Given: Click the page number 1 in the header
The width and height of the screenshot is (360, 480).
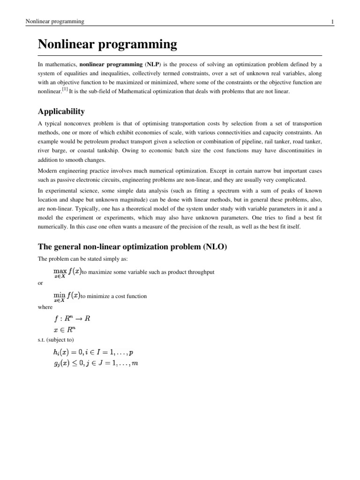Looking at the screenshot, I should [x=332, y=22].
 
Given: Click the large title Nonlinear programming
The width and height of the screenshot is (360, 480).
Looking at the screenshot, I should [x=107, y=45].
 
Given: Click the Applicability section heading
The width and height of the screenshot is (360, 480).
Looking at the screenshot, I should [x=61, y=112].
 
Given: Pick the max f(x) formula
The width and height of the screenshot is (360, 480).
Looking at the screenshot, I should [x=67, y=272].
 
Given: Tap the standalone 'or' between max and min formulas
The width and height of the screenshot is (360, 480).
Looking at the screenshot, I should [x=40, y=283].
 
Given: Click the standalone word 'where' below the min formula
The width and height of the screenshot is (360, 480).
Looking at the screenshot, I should [x=44, y=307].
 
